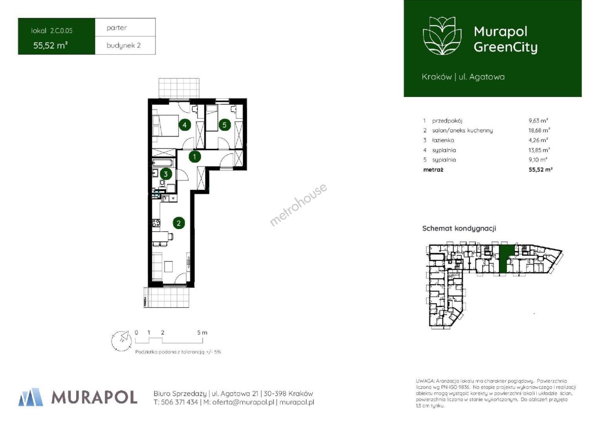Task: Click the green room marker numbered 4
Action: tap(185, 125)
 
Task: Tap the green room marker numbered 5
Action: tap(225, 125)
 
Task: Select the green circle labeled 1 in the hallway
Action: tap(195, 157)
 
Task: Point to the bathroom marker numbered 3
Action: tap(166, 174)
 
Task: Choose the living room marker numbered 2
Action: tap(179, 223)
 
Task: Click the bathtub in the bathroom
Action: tap(163, 163)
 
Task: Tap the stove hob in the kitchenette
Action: tap(156, 223)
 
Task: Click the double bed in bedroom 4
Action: tap(166, 126)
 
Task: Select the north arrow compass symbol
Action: tap(122, 341)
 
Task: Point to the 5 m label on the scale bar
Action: tap(202, 333)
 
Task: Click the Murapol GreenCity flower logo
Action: tap(442, 36)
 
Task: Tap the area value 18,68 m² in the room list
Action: tap(539, 130)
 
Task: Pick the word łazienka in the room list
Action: tap(443, 140)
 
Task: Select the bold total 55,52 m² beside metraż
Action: tap(541, 170)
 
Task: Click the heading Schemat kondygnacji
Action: tap(459, 228)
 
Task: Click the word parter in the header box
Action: tap(117, 28)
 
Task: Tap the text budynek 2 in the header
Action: tap(123, 46)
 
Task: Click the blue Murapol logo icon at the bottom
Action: tap(31, 397)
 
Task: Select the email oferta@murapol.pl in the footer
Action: tap(243, 402)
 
